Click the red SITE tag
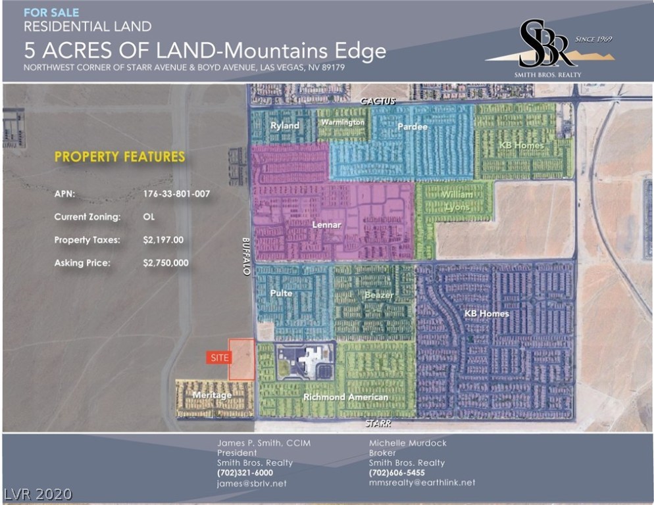217,357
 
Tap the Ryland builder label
285,126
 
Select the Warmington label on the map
342,123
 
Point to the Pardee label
413,126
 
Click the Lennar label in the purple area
327,226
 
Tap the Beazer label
379,295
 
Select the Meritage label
212,395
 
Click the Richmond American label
345,397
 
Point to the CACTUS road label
378,101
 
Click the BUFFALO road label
246,257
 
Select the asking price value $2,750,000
166,263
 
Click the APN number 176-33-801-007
177,195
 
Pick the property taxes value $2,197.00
163,240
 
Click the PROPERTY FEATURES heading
120,157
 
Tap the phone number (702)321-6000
245,473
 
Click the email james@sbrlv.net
252,483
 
